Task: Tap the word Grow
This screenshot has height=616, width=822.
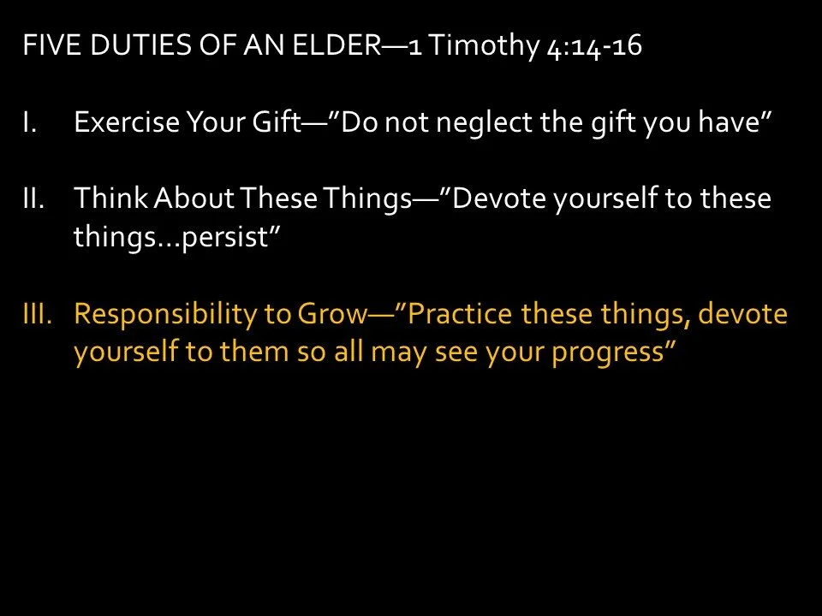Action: [x=331, y=315]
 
